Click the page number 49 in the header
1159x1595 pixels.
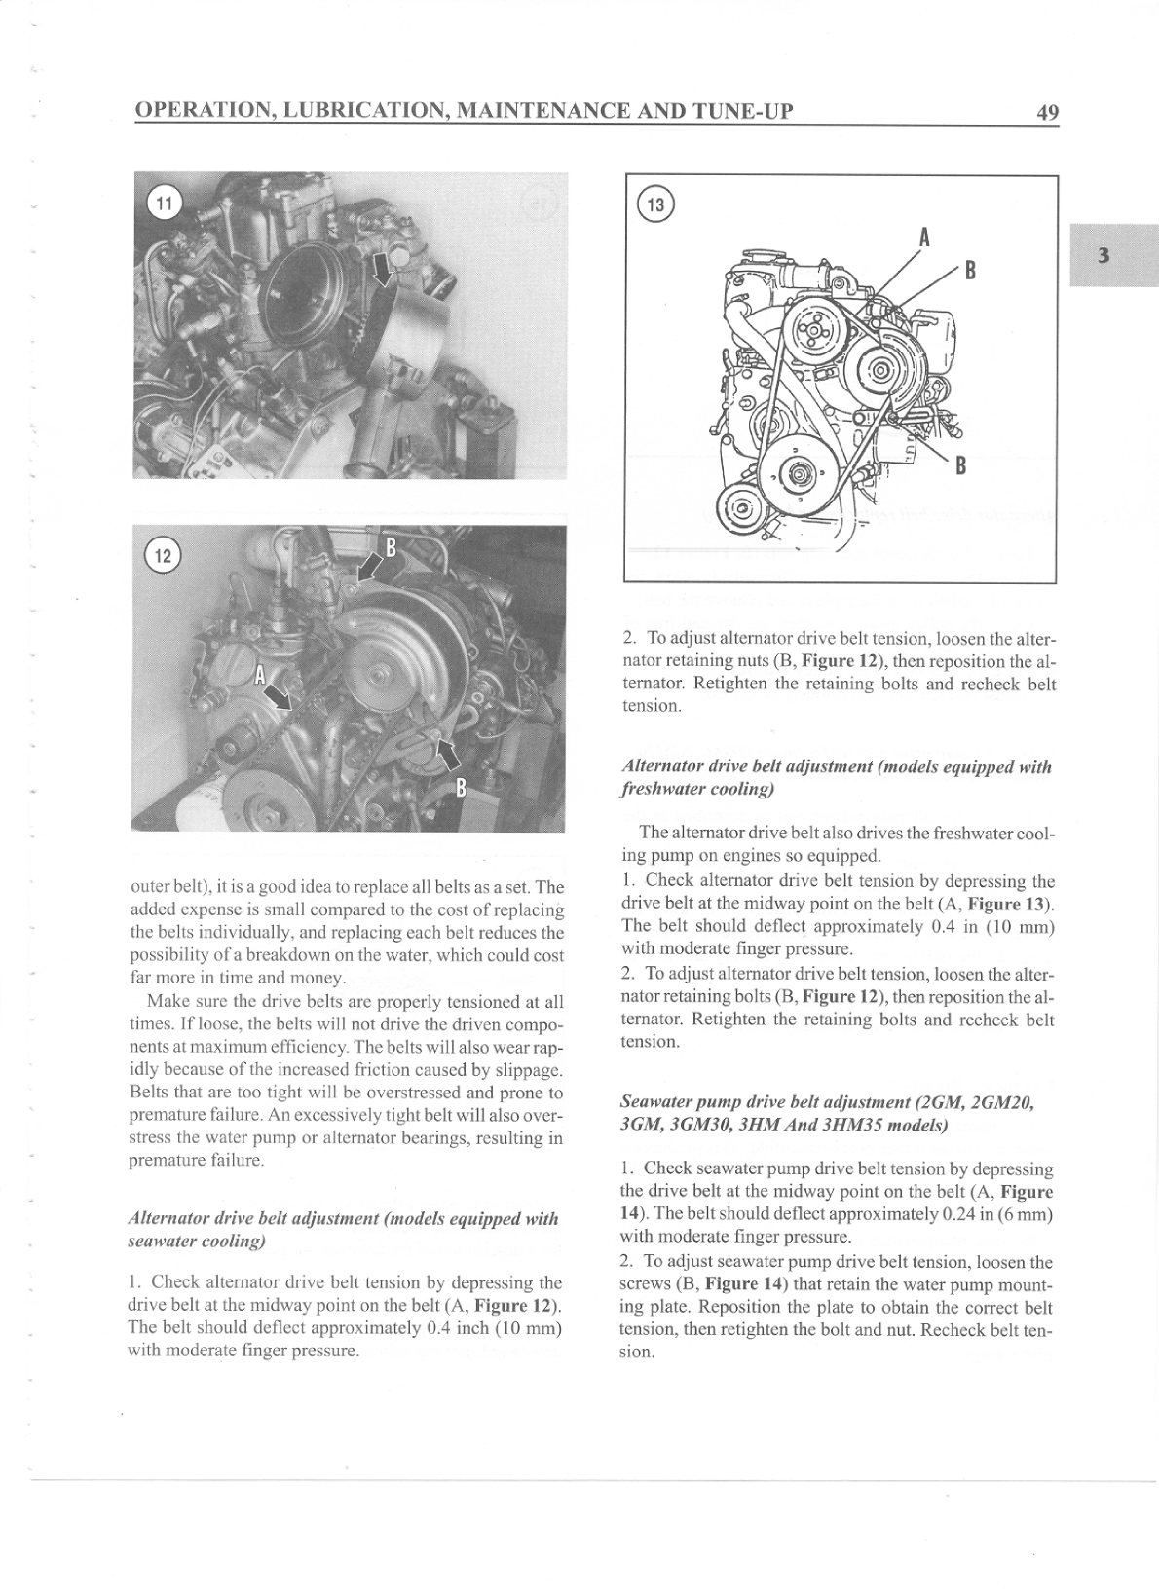pos(1046,113)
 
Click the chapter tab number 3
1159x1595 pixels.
pos(1103,255)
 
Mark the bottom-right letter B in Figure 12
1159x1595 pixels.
pos(462,787)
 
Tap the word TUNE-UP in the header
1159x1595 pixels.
pos(740,111)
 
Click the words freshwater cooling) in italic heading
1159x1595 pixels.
pos(696,789)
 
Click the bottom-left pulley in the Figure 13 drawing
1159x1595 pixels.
pos(742,508)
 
